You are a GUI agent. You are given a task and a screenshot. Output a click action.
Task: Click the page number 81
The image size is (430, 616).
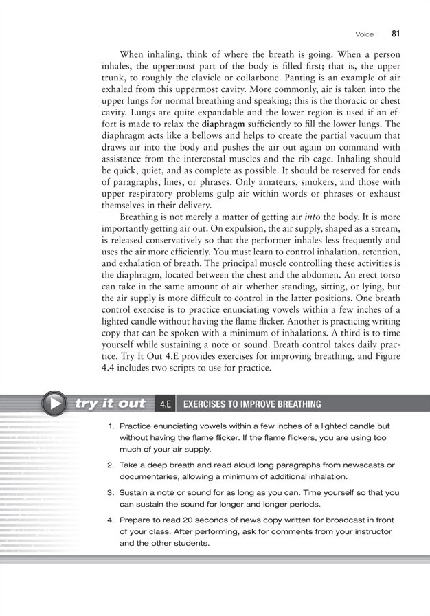396,33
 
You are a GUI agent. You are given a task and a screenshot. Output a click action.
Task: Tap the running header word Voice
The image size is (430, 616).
364,34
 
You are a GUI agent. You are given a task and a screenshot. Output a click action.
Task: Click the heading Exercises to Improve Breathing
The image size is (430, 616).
251,404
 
